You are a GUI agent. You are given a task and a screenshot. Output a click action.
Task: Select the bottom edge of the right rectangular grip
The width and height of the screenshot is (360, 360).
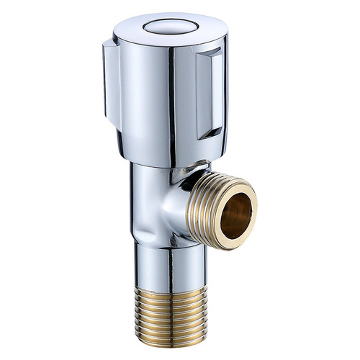(212, 135)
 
